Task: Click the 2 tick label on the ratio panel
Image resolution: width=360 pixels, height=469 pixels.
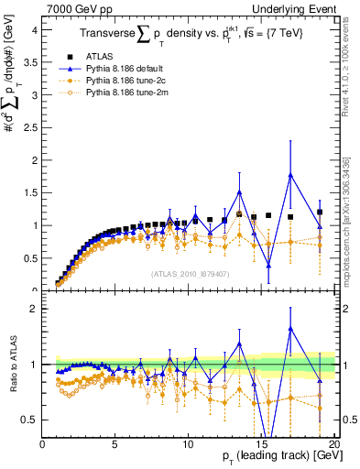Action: click(x=34, y=309)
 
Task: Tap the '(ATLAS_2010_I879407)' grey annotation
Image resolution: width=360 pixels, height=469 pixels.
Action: click(x=190, y=273)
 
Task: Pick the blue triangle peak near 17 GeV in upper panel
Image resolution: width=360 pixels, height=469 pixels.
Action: click(x=290, y=175)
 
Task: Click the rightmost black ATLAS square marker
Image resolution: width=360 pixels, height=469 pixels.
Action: click(x=320, y=213)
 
